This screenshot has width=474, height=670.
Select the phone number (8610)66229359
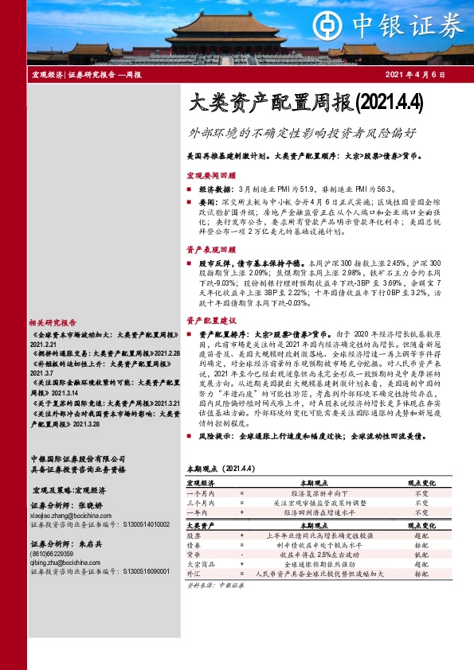[x=51, y=552]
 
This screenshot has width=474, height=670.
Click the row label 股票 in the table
[x=194, y=536]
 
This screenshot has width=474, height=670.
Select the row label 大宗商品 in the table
[x=199, y=564]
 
